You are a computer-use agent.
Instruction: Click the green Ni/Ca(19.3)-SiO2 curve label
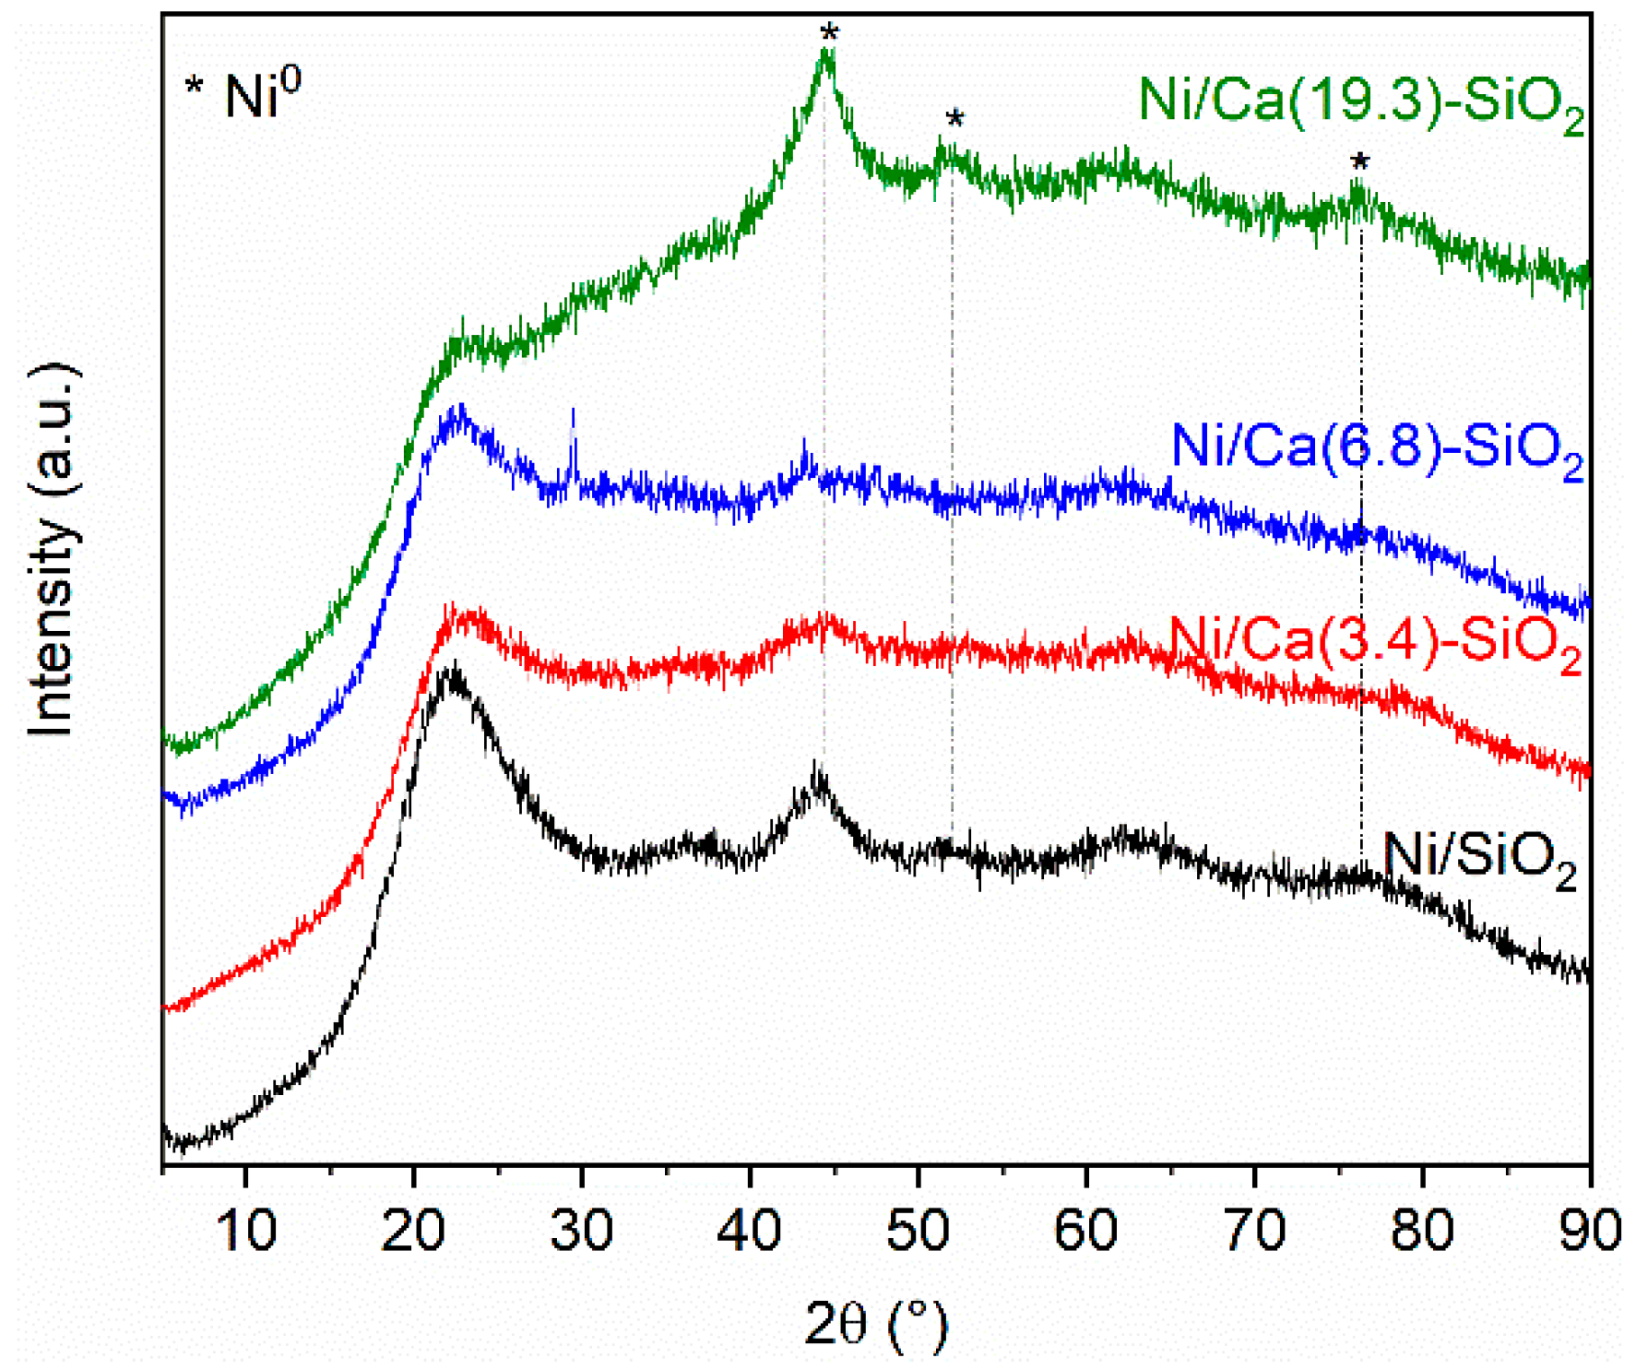pyautogui.click(x=1360, y=101)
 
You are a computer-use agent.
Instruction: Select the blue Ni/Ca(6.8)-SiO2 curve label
pyautogui.click(x=1376, y=448)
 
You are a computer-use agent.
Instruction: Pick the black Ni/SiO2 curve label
pyautogui.click(x=1479, y=858)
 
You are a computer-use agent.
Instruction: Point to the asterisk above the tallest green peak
pyautogui.click(x=829, y=33)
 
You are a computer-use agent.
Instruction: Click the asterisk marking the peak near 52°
pyautogui.click(x=954, y=118)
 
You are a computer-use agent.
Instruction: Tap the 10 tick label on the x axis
pyautogui.click(x=246, y=1231)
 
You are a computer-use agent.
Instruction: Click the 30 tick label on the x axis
pyautogui.click(x=582, y=1231)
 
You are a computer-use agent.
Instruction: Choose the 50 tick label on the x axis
pyautogui.click(x=918, y=1231)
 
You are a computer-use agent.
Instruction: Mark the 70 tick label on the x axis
pyautogui.click(x=1254, y=1231)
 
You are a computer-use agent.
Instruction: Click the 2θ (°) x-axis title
pyautogui.click(x=875, y=1325)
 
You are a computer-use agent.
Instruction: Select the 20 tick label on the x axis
pyautogui.click(x=414, y=1231)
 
